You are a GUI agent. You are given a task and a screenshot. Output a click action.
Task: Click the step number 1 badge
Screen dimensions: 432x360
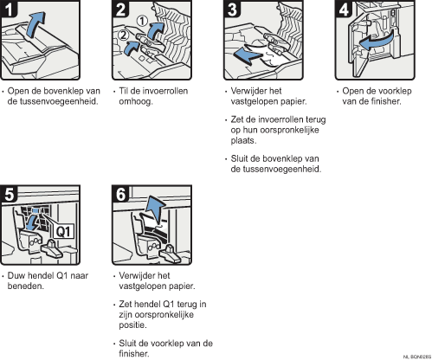click(x=9, y=9)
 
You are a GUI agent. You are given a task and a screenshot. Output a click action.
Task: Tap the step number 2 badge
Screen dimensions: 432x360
click(x=120, y=9)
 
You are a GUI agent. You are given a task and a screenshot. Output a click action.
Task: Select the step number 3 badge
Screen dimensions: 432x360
click(x=232, y=9)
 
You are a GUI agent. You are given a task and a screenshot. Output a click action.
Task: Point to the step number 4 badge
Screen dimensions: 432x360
click(x=344, y=9)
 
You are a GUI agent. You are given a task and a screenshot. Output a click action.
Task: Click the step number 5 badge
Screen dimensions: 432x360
click(x=9, y=194)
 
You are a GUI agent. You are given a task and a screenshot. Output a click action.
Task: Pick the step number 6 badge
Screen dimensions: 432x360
click(x=120, y=194)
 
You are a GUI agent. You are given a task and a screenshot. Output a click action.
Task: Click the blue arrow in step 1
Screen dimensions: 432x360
click(x=35, y=23)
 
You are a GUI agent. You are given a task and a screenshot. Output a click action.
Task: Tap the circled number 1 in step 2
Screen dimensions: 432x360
click(x=142, y=21)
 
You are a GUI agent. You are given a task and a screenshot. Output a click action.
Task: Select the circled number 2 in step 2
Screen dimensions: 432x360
click(x=123, y=35)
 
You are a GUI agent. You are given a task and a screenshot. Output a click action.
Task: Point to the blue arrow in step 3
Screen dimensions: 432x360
click(x=248, y=55)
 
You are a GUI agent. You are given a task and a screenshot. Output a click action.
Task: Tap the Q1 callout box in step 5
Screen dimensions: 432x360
click(x=63, y=231)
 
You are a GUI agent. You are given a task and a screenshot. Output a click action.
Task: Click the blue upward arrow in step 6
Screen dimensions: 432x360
click(x=156, y=209)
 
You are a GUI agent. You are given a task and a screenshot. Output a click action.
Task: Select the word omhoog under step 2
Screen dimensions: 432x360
click(x=136, y=102)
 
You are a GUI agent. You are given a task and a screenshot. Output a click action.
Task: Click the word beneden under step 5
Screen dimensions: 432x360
click(x=26, y=286)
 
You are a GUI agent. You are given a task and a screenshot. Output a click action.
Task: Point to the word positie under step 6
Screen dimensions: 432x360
click(x=132, y=325)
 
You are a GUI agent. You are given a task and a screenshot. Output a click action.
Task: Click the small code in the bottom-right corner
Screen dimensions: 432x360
click(x=417, y=357)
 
